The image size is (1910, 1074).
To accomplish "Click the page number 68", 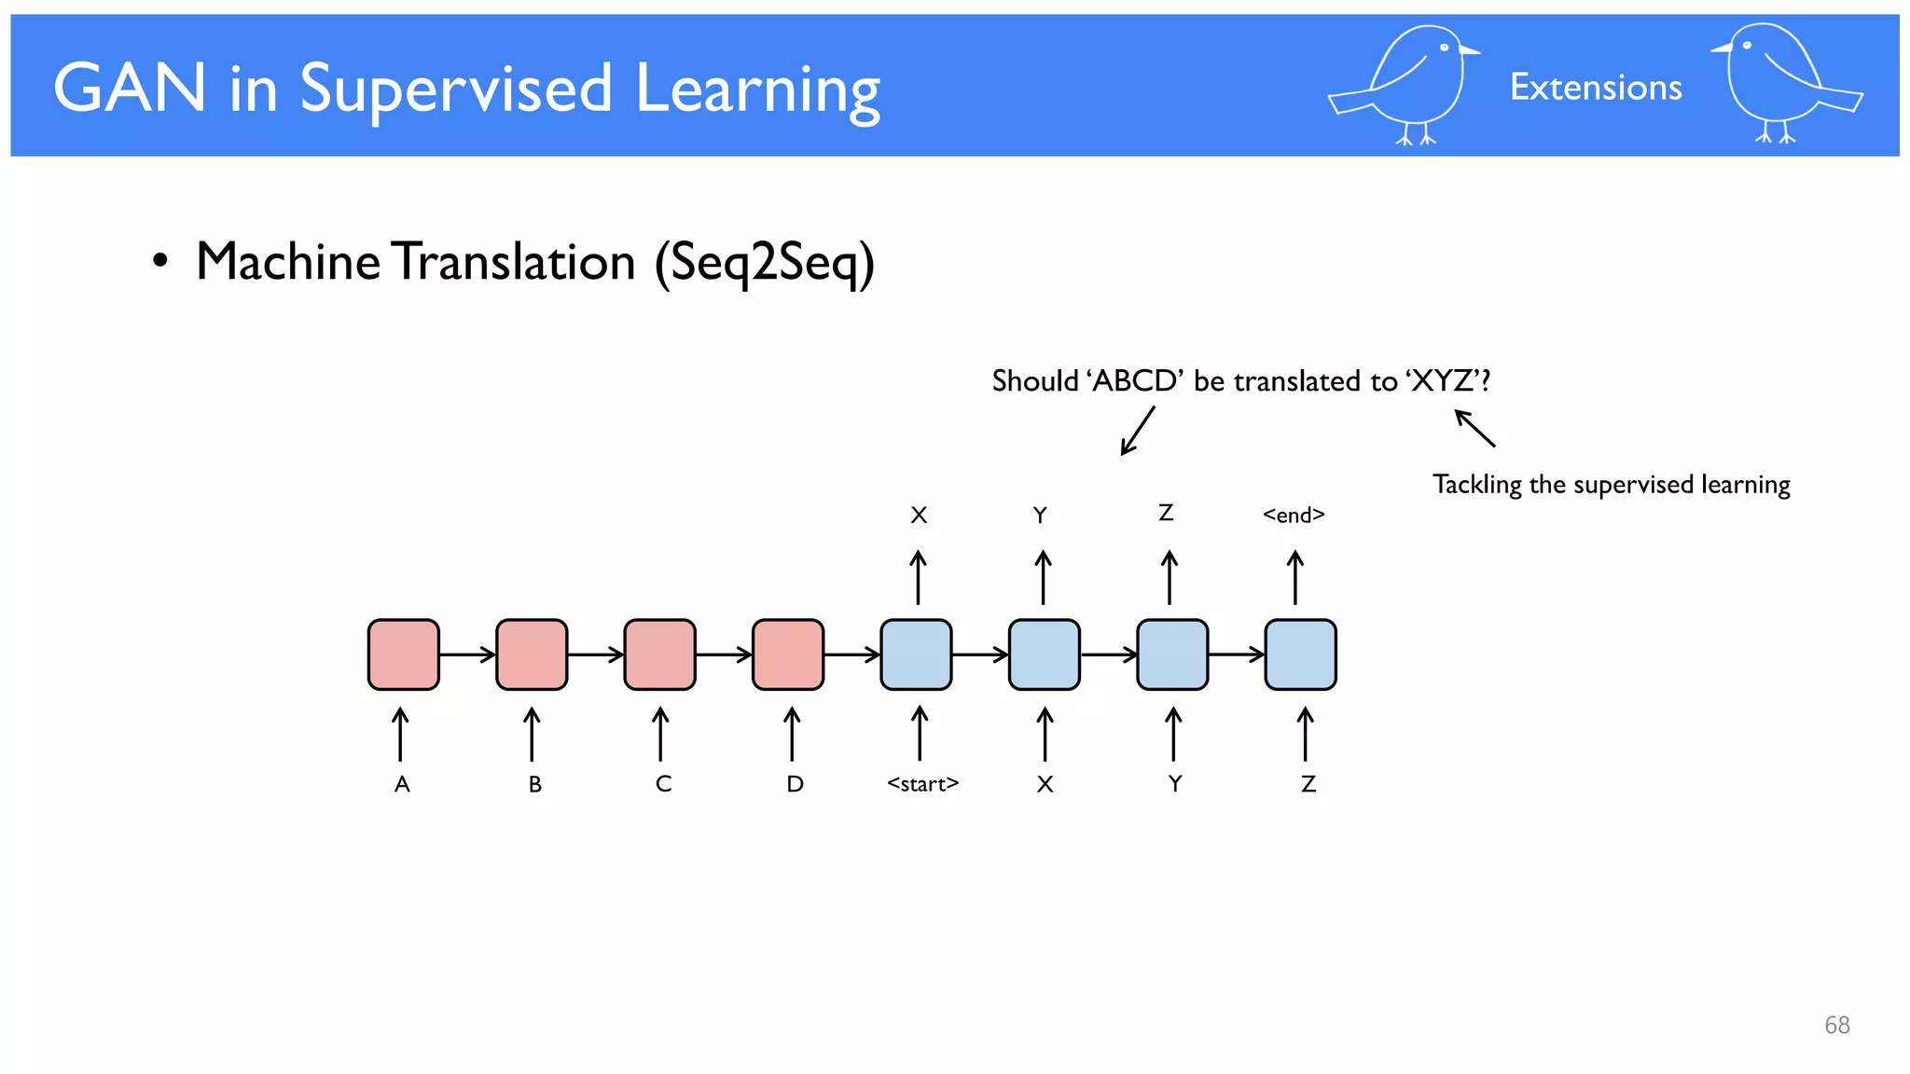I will [1836, 1025].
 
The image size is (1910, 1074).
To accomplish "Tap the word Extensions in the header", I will [1596, 88].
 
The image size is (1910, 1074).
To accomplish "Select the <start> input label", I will [922, 784].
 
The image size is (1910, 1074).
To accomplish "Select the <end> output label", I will [1294, 515].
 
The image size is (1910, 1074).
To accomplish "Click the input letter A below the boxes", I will [402, 784].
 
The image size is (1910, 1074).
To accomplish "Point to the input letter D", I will [795, 784].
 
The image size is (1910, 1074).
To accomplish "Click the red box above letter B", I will [532, 654].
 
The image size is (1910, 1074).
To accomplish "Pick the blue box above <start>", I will [916, 654].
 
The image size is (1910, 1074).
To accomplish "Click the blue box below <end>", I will [1300, 654].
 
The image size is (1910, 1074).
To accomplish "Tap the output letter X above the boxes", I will [919, 515].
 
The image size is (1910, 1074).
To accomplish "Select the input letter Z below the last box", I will [1308, 784].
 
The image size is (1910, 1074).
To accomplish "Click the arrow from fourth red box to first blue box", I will [851, 654].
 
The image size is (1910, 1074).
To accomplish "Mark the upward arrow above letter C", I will [660, 734].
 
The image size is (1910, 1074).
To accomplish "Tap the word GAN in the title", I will [129, 89].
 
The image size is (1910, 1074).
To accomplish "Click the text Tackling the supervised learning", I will [1611, 485].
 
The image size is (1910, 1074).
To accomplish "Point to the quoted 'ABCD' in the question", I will [1134, 381].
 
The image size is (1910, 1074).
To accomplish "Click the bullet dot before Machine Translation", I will [160, 262].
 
